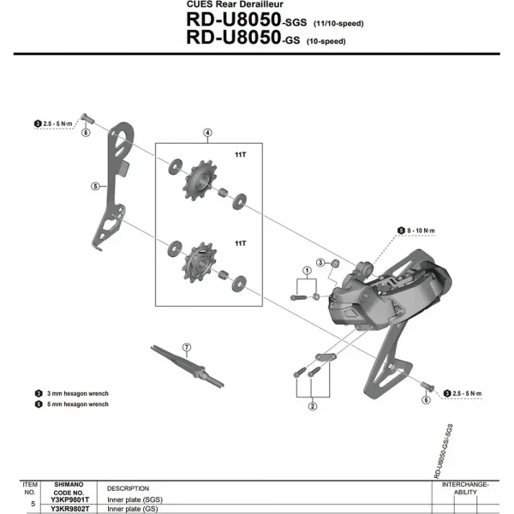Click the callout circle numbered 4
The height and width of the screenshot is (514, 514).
[206, 132]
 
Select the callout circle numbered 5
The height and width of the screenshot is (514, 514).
[94, 185]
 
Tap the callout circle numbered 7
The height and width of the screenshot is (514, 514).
[187, 347]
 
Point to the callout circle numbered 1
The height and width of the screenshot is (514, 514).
[305, 271]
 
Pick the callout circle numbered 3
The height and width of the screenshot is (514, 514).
[320, 262]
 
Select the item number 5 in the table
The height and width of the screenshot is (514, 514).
[33, 504]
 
